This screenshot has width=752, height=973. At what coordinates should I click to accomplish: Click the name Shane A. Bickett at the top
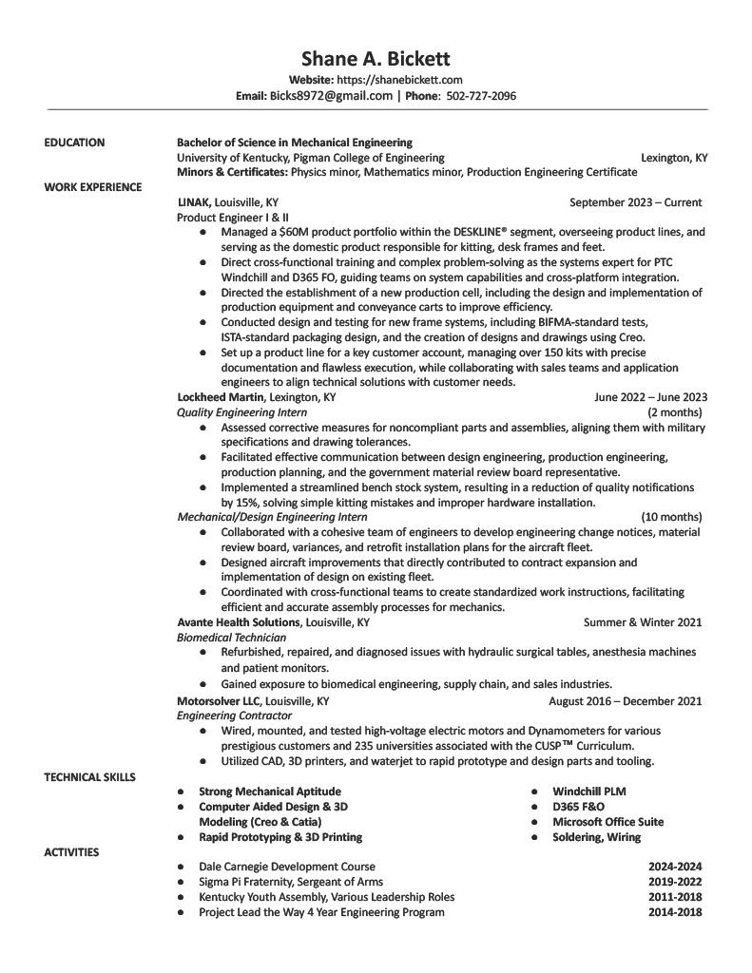[376, 59]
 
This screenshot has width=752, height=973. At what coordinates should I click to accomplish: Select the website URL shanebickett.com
[399, 80]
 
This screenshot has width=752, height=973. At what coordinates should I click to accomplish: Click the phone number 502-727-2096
[481, 96]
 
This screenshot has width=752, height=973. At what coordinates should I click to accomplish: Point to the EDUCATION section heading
[74, 143]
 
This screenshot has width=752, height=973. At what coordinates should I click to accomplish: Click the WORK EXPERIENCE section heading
[93, 187]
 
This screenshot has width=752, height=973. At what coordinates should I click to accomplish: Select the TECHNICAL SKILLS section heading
[89, 777]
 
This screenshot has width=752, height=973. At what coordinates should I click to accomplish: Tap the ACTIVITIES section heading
[71, 852]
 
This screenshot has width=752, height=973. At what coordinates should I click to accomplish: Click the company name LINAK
[194, 202]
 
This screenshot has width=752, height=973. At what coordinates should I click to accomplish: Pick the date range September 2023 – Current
[635, 202]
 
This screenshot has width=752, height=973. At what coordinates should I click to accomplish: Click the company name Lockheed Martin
[222, 397]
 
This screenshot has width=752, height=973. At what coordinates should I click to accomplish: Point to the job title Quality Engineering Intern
[241, 412]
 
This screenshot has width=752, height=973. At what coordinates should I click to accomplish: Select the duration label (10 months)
[671, 517]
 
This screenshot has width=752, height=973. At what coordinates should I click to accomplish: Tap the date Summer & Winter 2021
[643, 622]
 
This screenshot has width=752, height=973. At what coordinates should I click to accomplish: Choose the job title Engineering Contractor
[234, 715]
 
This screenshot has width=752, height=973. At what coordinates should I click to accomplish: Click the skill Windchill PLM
[588, 792]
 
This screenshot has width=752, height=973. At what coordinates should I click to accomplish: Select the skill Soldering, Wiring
[596, 837]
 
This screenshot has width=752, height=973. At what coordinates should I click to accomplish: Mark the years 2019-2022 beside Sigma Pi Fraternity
[675, 882]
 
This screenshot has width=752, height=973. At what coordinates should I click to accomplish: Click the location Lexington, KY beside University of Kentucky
[674, 158]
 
